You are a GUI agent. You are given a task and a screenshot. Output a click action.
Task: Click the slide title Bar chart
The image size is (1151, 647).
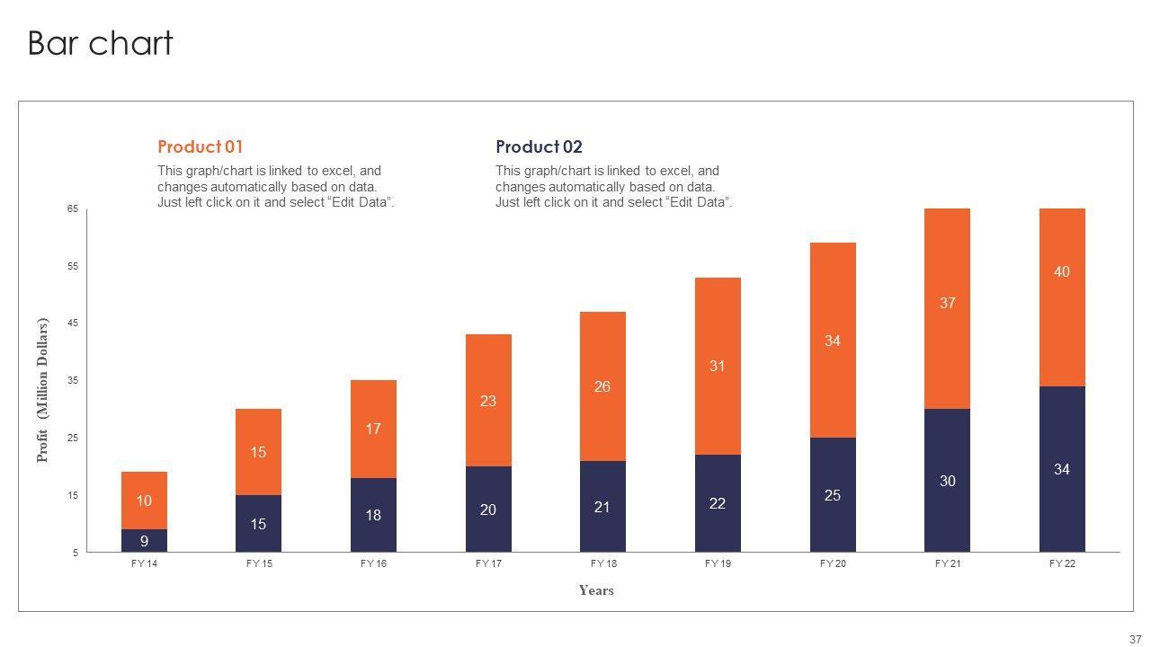coord(100,43)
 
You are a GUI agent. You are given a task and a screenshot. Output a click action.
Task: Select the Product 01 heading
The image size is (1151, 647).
coord(201,146)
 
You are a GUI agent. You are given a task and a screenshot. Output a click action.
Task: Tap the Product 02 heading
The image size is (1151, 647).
coord(539,146)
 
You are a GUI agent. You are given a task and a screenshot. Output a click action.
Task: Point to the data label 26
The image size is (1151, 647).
coord(602,386)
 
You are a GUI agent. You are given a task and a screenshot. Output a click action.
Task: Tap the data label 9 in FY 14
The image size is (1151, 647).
coord(144,541)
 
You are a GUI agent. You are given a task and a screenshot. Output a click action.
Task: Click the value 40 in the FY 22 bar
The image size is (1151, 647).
coord(1062,271)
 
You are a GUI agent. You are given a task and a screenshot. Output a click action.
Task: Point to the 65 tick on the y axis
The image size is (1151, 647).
coord(73,209)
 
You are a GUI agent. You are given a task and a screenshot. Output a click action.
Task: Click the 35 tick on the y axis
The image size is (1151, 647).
coord(73,381)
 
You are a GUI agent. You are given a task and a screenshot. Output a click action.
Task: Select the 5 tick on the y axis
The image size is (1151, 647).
coord(76,554)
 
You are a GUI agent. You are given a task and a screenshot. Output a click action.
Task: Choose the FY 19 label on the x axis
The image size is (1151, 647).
coord(718,564)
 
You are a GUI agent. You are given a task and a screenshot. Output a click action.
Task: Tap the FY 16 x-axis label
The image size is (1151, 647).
coord(373,564)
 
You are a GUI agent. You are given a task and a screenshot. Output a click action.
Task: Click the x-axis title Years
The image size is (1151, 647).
coord(596,590)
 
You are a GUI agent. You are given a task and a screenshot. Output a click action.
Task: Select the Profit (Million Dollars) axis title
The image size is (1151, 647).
coord(42,390)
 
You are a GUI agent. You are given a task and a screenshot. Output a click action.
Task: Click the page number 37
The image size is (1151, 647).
coord(1135,639)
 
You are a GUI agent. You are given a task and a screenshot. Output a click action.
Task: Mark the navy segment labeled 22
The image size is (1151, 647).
coord(718,503)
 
